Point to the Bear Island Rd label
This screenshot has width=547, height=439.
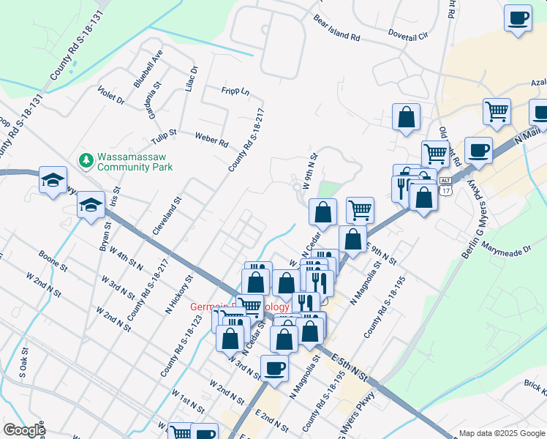(336, 28)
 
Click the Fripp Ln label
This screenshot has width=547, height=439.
(235, 92)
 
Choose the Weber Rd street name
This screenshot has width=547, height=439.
(211, 138)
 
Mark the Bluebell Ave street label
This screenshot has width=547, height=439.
(148, 70)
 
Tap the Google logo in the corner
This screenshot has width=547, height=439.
(23, 430)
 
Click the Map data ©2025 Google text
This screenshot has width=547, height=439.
(501, 432)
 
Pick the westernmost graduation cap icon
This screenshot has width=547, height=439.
(53, 182)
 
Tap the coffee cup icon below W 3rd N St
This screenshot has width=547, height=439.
(274, 369)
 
